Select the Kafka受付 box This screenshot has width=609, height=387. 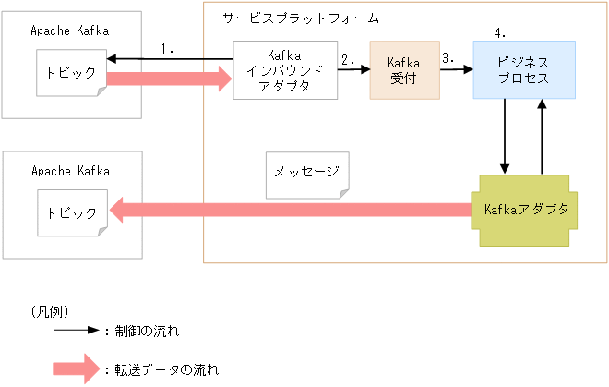(404, 70)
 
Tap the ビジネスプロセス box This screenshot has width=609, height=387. (524, 70)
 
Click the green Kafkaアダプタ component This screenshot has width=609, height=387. (524, 210)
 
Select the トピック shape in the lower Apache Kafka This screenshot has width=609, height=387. (71, 212)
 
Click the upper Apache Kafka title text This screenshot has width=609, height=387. (69, 30)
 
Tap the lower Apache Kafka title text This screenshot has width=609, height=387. (69, 171)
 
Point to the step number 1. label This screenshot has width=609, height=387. (167, 48)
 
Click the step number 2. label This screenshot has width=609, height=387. (348, 59)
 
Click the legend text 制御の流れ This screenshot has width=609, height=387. (146, 330)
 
